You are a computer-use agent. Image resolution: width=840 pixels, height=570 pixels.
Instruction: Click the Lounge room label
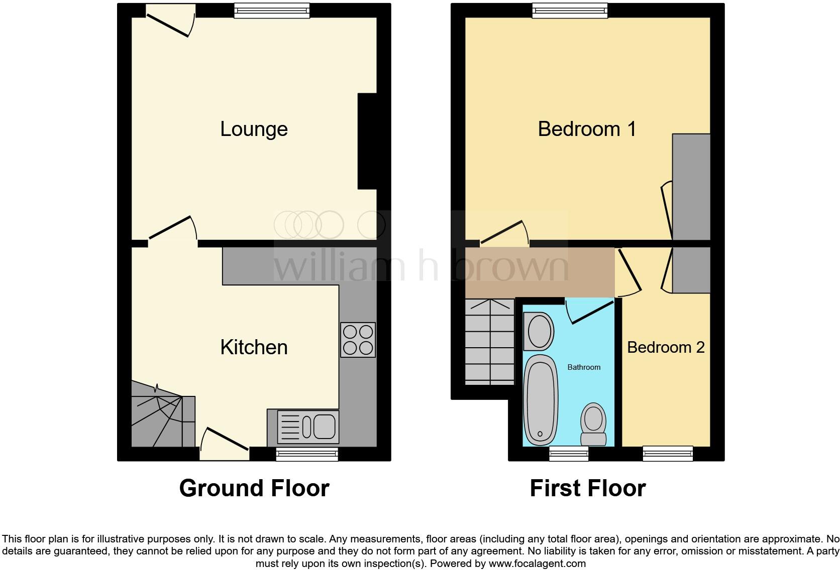254,129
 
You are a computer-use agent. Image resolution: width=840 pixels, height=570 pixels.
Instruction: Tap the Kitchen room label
254,347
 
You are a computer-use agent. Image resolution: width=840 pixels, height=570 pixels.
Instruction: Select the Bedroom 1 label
587,129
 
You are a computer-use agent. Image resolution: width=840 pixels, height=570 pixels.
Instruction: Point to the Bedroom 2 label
666,347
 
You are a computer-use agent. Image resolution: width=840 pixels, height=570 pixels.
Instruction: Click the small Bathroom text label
584,367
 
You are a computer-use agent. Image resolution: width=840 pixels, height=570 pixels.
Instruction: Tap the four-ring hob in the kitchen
358,340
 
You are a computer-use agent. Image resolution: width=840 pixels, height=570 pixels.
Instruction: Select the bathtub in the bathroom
541,400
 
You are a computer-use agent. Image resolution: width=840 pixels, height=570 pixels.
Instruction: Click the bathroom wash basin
538,331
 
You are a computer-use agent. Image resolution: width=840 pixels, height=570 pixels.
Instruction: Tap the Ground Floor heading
254,488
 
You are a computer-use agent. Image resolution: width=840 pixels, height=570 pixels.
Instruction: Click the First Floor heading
587,488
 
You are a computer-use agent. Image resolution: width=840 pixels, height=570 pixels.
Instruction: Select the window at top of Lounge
272,11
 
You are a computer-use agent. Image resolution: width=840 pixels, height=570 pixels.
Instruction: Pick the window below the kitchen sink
307,454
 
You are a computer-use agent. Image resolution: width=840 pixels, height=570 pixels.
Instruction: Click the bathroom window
569,454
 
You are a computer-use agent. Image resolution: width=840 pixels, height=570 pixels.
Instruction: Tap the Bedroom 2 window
668,454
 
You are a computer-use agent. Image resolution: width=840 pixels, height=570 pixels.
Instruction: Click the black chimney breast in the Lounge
367,141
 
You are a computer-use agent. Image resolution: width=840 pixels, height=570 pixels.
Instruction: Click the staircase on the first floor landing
490,342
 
